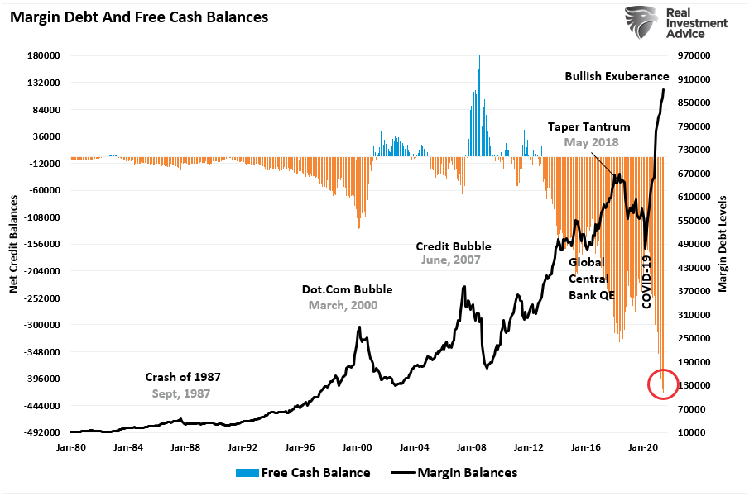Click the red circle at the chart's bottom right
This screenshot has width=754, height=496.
click(x=664, y=384)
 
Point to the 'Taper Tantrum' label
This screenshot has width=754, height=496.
click(x=588, y=126)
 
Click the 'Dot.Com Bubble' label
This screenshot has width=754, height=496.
click(x=347, y=289)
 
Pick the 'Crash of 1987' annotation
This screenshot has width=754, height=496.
click(x=183, y=377)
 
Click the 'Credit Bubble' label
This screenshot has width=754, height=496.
click(x=453, y=246)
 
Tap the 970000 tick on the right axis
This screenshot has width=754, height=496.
click(x=694, y=55)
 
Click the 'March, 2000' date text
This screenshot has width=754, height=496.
click(x=343, y=305)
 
